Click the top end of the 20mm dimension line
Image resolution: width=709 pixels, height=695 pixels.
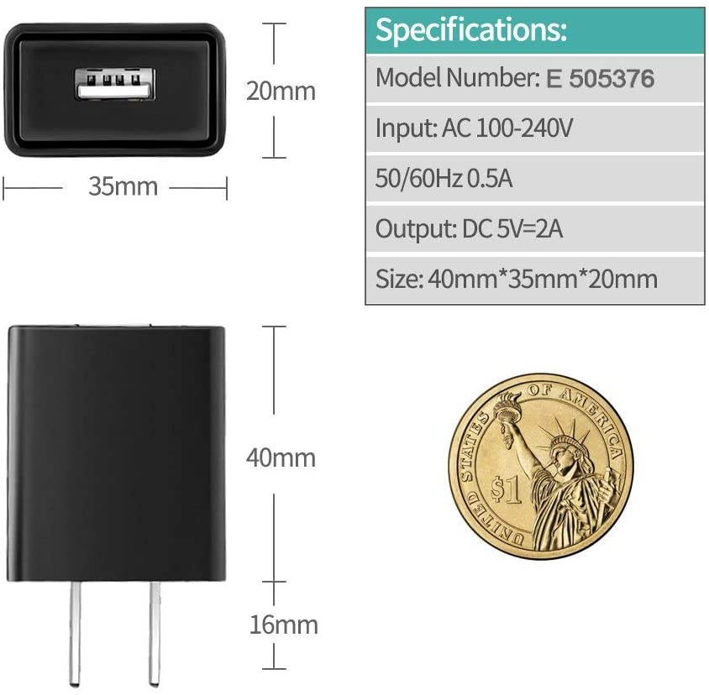tap(274, 23)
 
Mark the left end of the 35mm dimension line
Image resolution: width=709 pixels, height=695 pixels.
tap(3, 187)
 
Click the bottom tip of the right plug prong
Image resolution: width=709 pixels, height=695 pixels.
tap(155, 684)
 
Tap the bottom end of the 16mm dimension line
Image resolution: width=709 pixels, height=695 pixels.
tap(274, 668)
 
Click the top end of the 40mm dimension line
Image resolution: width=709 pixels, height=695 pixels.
tap(274, 327)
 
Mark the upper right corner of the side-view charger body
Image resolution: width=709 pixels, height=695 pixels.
tap(223, 328)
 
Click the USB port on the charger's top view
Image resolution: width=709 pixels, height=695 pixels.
tap(115, 84)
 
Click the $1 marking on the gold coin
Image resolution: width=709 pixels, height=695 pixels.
tap(507, 490)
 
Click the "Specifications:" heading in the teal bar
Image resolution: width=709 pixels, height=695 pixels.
tap(470, 30)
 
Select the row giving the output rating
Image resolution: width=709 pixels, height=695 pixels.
tap(535, 228)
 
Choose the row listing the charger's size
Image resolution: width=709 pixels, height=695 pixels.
tap(535, 280)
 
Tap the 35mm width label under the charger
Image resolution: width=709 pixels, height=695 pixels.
tap(123, 186)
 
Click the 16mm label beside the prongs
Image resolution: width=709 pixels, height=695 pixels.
tap(284, 624)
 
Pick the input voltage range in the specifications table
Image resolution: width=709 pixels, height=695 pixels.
tap(507, 128)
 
